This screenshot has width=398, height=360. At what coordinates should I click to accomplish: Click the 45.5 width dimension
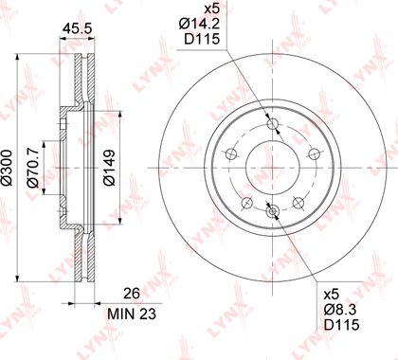77,28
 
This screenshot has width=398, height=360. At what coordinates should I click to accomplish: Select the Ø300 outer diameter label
7,168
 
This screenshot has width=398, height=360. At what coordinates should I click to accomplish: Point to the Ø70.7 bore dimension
33,169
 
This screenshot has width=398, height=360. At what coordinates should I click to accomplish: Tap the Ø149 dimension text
110,169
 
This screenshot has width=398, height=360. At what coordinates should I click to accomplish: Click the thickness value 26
132,294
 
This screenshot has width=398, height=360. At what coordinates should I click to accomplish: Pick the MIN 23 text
132,314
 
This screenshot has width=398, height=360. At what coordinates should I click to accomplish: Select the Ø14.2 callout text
199,24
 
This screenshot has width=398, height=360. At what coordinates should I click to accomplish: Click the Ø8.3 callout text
341,310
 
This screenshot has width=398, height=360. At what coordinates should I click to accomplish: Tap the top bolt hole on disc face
272,123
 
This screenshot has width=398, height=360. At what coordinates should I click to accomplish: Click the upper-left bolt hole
231,154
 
